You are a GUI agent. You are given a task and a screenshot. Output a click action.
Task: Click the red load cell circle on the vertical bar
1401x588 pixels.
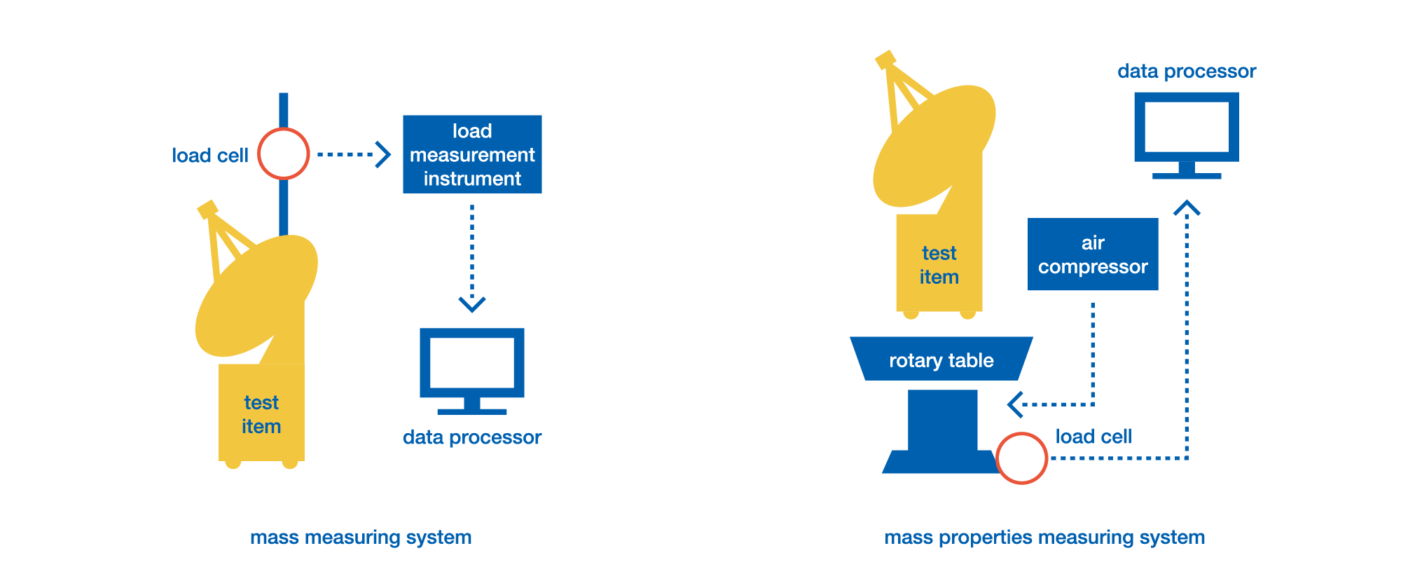point(284,154)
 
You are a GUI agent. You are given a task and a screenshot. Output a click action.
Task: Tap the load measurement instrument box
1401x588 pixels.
point(472,154)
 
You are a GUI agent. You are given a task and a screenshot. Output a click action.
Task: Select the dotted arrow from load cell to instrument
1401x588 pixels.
point(347,154)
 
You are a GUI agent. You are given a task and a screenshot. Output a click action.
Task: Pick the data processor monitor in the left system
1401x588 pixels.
point(472,364)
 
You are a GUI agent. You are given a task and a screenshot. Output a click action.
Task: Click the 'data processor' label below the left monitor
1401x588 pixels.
point(472,437)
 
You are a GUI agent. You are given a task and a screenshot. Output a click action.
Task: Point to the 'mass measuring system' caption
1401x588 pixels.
point(361,538)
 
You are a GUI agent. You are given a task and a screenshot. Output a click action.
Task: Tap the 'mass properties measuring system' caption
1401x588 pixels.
point(1044,538)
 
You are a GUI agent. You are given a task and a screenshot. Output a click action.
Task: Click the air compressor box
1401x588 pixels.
point(1093,254)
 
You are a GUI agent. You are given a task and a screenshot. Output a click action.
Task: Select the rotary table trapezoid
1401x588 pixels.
point(941,360)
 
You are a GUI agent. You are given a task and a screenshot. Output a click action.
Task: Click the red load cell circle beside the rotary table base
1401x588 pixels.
point(1021,458)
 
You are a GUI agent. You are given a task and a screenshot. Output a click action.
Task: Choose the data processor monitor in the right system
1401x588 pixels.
point(1187,130)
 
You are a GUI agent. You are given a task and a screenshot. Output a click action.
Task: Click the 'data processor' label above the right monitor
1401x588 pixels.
point(1187,71)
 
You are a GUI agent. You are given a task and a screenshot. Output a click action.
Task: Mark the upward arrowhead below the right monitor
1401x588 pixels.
point(1187,208)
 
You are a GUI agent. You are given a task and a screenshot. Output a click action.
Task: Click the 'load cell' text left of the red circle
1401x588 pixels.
point(210,156)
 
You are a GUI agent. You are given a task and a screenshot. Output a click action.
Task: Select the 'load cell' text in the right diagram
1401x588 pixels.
point(1093,437)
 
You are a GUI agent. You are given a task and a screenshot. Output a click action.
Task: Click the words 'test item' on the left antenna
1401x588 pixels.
point(261,414)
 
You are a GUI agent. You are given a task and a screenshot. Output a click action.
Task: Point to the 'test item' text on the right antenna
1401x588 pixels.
point(939,265)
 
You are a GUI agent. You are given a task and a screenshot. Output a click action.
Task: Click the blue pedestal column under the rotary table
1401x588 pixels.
point(942,421)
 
